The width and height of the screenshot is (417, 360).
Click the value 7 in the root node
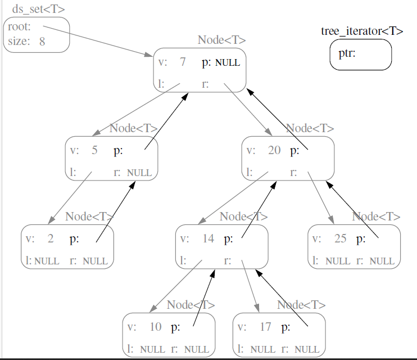tap(183, 62)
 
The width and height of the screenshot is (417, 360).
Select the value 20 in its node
tap(274, 150)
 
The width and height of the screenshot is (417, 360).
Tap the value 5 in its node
tap(94, 150)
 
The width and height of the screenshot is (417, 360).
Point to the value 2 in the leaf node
tap(51, 238)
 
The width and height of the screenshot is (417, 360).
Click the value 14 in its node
tap(208, 238)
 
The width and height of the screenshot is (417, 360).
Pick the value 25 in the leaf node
tap(340, 238)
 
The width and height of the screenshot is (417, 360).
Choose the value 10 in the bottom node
tap(156, 327)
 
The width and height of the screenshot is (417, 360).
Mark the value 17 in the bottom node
tap(266, 327)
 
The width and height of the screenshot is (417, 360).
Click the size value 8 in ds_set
tap(42, 41)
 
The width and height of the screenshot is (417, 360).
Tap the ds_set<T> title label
tap(37, 9)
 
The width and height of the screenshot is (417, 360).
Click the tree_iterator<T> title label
tap(361, 31)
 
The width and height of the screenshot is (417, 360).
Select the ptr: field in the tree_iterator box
tap(347, 54)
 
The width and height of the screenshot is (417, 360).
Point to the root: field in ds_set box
tap(19, 26)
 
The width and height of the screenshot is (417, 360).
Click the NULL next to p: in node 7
tap(228, 62)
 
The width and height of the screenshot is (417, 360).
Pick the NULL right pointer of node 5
tap(139, 173)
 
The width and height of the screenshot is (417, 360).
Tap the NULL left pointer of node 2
tap(47, 261)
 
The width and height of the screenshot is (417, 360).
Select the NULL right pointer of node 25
tap(382, 261)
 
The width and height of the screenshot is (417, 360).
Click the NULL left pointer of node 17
tap(263, 349)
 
